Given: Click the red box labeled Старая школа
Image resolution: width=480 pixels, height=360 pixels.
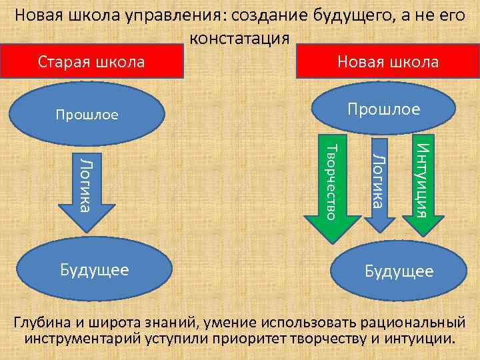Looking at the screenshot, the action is tap(91, 62).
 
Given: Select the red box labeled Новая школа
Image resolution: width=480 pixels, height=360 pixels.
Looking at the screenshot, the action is tap(387, 62).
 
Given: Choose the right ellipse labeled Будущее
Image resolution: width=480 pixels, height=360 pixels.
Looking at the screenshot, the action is tap(398, 271).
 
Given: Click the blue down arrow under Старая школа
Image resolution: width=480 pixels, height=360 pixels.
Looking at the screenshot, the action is tap(83, 190).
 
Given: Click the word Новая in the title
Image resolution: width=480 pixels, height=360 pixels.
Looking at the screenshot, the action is tap(42, 15).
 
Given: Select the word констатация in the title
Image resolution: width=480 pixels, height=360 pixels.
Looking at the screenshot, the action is tap(240, 38).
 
